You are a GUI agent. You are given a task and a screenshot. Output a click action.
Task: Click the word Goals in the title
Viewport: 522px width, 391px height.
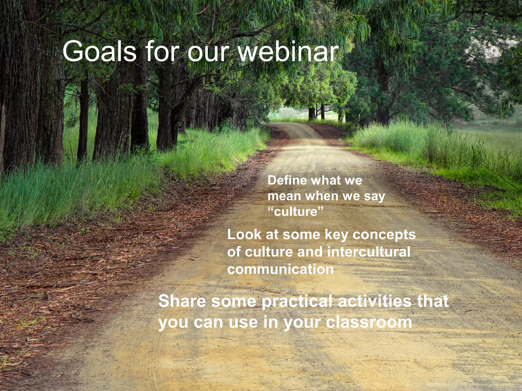click(99, 52)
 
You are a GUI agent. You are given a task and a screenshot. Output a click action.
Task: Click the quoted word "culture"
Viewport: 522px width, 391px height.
click(296, 212)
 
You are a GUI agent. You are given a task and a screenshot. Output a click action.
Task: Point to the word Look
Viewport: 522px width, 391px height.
click(244, 234)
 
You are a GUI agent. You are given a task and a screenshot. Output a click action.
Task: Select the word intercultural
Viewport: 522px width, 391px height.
click(369, 252)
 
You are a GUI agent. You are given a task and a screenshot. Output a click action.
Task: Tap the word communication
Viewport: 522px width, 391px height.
click(280, 269)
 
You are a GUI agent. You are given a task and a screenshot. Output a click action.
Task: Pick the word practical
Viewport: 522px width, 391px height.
click(297, 302)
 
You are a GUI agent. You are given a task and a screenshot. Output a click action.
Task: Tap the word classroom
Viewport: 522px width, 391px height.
click(369, 322)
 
